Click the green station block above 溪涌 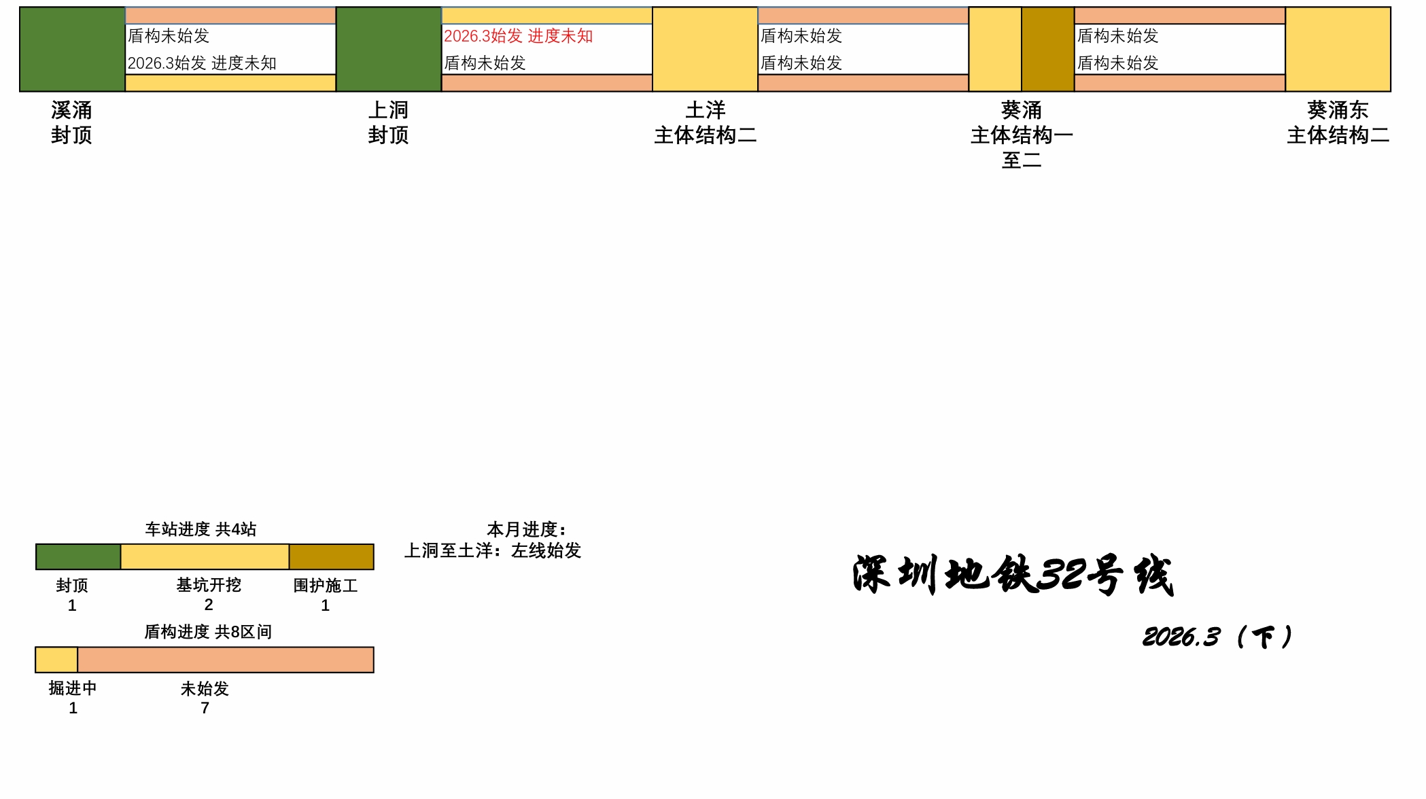coord(72,49)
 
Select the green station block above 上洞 coord(389,49)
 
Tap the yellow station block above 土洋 coord(705,49)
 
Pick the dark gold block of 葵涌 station coord(1047,49)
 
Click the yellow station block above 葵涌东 coord(1338,49)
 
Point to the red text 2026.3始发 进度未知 coord(518,36)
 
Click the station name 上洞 coord(389,110)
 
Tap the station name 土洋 coord(706,110)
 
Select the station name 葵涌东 coord(1338,110)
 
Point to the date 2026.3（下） coord(1217,637)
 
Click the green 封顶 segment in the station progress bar coord(78,557)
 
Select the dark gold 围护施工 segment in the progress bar coord(331,557)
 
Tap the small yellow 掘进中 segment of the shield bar coord(56,660)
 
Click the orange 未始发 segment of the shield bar coord(226,660)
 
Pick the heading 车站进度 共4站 coord(201,529)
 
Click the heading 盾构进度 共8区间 coord(208,632)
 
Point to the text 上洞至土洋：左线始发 coord(493,550)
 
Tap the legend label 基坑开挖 coord(209,585)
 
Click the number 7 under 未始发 coord(205,708)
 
